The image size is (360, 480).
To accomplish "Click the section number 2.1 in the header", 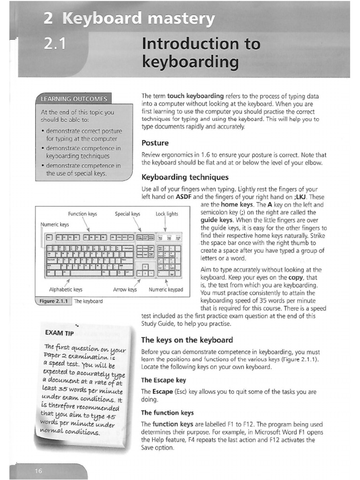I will (56, 44).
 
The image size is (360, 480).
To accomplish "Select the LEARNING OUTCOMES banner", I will (74, 99).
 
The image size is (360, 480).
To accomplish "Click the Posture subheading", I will (155, 142).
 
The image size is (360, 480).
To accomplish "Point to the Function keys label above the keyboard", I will (82, 214).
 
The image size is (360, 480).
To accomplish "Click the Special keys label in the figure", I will (127, 214).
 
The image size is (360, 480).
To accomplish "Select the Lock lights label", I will (167, 214).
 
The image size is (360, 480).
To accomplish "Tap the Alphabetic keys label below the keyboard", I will (66, 289).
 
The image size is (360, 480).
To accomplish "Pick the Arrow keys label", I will (125, 289).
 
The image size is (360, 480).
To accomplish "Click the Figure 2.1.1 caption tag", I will (53, 301).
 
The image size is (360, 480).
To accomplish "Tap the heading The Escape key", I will (164, 380).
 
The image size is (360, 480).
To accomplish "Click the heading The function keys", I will (167, 412).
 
